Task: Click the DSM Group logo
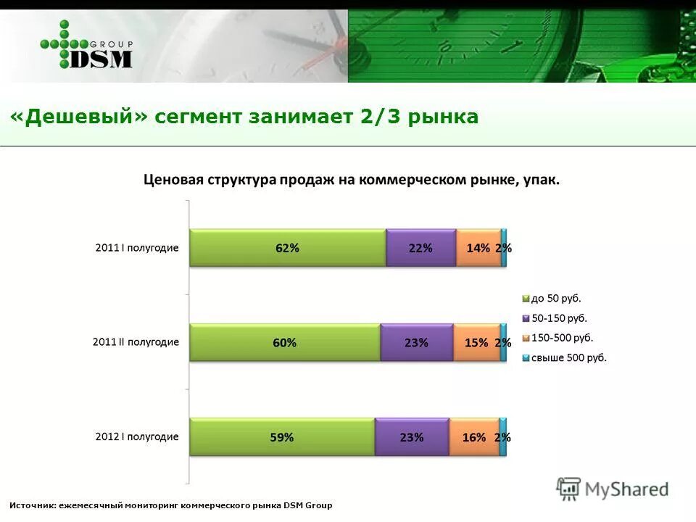point(86,46)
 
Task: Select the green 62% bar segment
point(287,248)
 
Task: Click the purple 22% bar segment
point(420,248)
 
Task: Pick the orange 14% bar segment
point(478,248)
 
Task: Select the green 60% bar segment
point(284,343)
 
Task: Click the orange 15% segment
point(476,343)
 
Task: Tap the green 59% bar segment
point(282,437)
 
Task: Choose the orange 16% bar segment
point(474,437)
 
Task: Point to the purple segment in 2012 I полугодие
point(412,437)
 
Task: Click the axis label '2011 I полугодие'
point(137,248)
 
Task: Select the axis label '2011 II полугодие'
point(136,342)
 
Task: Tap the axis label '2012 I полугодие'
point(137,436)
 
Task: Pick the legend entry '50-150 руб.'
point(559,318)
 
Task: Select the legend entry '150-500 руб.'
point(562,337)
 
